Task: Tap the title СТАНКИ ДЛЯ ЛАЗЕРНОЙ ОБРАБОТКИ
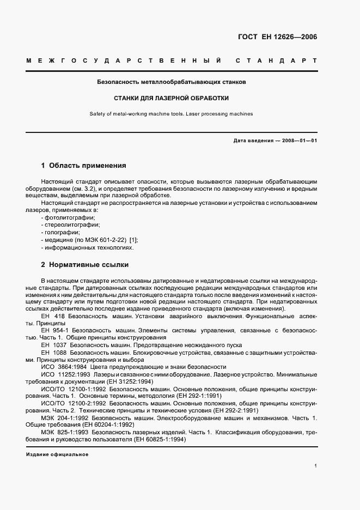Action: [171, 99]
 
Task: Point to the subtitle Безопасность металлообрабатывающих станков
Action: [171, 83]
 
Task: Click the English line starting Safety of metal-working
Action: [171, 114]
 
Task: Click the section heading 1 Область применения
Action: [84, 165]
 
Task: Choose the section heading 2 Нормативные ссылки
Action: [85, 265]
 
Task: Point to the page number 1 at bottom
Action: [316, 466]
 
